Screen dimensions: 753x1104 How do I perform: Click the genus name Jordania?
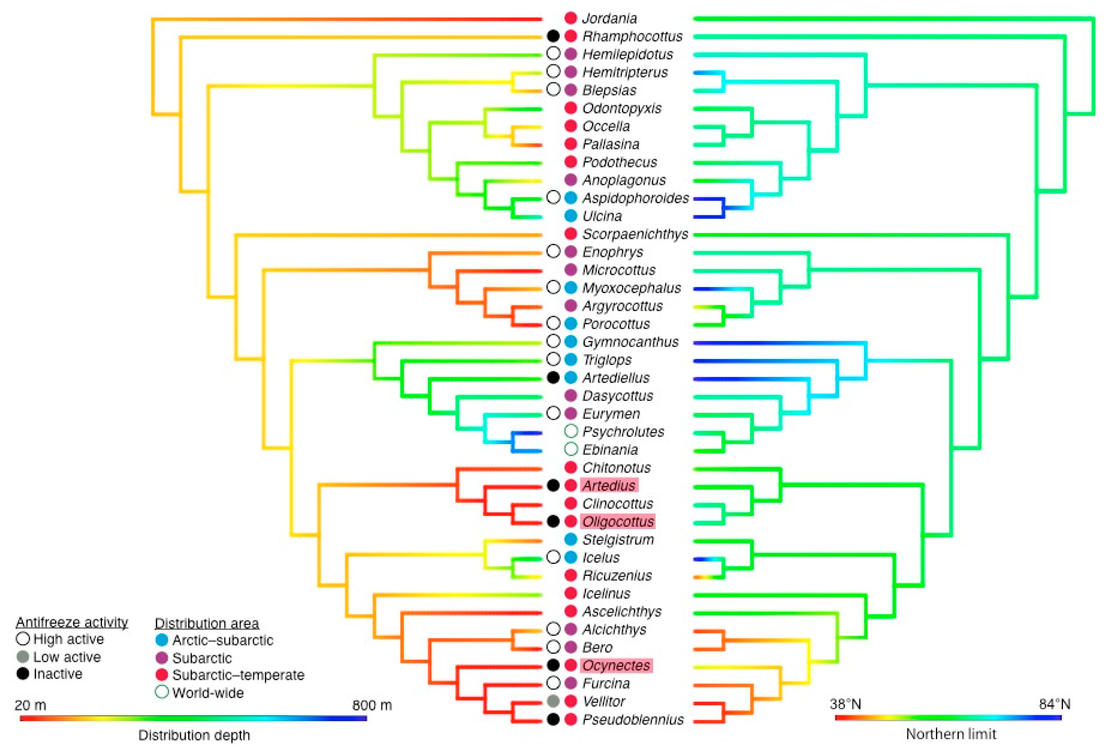point(609,19)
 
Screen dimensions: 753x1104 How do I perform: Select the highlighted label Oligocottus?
point(617,522)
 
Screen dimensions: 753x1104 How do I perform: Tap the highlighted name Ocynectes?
point(616,666)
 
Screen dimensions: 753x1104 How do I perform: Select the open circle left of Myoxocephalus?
point(553,287)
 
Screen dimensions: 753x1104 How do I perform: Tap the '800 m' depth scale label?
point(372,705)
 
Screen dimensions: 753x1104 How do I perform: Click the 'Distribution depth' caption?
point(194,735)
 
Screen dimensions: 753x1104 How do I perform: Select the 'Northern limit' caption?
point(951,734)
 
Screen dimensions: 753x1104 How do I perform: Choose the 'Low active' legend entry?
point(67,657)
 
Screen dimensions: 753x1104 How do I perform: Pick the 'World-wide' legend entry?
point(208,693)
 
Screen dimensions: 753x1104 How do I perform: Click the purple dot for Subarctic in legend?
point(162,658)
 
